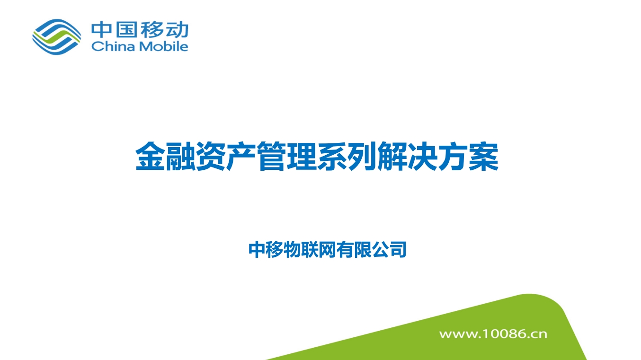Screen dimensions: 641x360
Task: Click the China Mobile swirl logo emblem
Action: point(57,37)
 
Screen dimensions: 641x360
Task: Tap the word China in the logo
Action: point(113,46)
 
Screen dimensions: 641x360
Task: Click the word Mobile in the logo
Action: point(163,46)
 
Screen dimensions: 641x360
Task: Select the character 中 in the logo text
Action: point(102,29)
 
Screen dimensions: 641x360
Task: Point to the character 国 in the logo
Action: point(126,29)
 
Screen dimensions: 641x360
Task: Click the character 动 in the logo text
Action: point(178,29)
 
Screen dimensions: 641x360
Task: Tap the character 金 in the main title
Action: point(150,157)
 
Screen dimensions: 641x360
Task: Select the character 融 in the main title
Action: point(180,157)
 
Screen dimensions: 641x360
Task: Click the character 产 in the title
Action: point(240,157)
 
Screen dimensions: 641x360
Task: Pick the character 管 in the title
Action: point(271,157)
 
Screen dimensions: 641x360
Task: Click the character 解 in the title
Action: point(392,157)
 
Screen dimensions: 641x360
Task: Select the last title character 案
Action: point(483,157)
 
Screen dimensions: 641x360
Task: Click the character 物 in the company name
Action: point(292,250)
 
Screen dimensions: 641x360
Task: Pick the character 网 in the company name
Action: point(328,250)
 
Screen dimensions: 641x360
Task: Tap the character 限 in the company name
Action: point(363,250)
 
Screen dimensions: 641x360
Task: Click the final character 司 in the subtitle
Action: point(398,250)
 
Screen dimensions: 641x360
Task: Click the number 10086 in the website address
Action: point(503,334)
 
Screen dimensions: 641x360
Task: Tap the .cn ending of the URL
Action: point(537,334)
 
